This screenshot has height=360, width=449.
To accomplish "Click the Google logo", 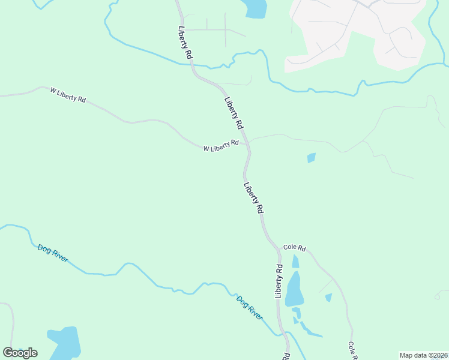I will point(20,353).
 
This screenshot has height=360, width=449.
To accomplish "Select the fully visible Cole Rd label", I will point(295,248).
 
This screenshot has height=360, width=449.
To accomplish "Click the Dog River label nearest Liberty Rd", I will point(249,308).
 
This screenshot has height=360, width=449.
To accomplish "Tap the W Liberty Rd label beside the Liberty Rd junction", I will point(221,146).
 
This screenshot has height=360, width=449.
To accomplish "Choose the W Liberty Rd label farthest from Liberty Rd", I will point(68,94).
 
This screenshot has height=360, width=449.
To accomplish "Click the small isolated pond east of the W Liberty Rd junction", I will point(311,158).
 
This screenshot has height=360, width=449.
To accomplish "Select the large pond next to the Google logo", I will point(65,342).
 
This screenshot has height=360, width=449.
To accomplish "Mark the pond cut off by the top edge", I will point(255,8).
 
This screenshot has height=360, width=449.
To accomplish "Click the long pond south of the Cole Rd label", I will point(294,289).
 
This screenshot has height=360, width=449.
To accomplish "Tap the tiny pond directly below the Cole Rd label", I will point(295,262).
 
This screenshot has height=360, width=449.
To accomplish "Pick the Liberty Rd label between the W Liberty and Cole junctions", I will point(254,198).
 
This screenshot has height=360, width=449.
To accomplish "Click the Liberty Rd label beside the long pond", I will point(279,281).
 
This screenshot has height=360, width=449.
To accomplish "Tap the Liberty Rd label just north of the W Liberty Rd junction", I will point(234,113).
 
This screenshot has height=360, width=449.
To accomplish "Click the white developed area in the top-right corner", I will point(354,30).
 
